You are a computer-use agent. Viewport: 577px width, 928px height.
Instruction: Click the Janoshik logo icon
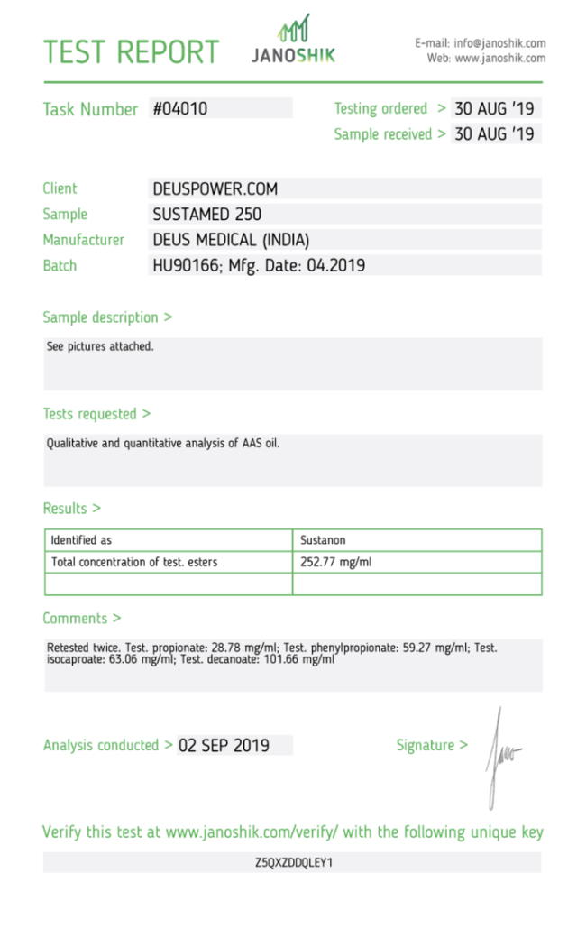[294, 29]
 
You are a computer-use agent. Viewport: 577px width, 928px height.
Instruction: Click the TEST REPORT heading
[132, 51]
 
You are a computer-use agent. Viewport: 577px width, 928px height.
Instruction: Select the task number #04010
[180, 108]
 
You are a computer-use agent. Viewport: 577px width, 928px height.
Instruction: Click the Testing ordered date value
[494, 108]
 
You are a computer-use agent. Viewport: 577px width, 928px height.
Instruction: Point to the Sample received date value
[494, 134]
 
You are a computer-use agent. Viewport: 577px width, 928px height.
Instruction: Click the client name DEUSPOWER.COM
[215, 188]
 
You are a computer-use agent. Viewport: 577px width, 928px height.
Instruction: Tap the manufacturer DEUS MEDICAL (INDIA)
[231, 240]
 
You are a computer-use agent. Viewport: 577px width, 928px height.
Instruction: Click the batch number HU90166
[184, 266]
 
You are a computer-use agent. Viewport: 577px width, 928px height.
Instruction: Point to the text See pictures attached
[100, 346]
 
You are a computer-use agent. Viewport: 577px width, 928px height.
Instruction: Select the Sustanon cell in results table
[323, 540]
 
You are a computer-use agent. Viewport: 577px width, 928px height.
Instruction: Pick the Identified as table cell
[81, 540]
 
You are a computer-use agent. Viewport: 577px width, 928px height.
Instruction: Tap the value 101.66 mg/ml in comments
[302, 659]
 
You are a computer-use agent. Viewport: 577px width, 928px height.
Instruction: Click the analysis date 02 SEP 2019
[224, 746]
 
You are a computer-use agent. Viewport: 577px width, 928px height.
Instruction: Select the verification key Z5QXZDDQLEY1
[294, 863]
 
